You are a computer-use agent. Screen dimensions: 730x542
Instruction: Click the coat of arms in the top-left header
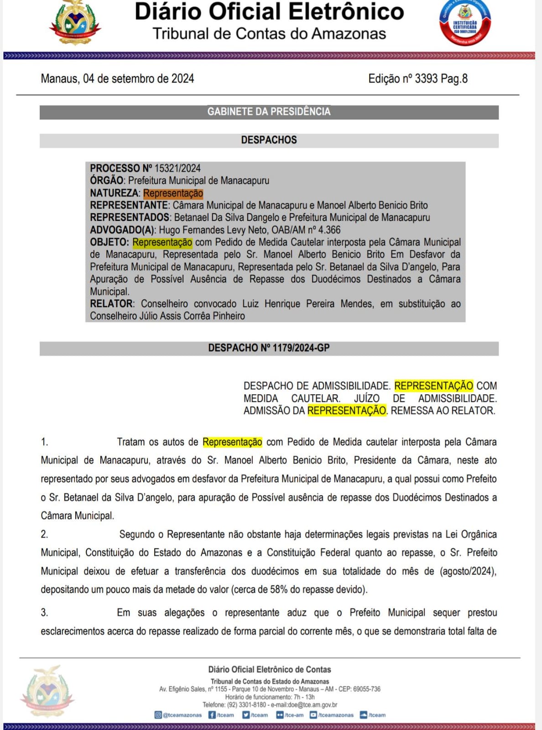coord(74,23)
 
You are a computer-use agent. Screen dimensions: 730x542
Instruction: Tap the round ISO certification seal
coord(464,23)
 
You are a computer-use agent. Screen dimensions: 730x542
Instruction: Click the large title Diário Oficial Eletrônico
coord(269,12)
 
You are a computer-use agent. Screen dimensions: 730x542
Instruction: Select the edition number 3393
coord(426,78)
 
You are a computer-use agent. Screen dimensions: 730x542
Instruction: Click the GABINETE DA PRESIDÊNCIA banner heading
coord(269,112)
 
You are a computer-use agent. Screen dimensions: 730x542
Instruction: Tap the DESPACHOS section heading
coord(269,140)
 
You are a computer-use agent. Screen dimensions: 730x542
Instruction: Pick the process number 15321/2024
coord(177,168)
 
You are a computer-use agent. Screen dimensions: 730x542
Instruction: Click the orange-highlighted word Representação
coord(173,193)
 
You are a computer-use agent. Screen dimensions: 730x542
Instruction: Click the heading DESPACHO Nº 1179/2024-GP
coord(269,348)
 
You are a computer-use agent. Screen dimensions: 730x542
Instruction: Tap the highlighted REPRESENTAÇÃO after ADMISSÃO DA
coord(347,411)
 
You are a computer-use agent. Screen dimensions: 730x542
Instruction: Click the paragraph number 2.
coord(44,534)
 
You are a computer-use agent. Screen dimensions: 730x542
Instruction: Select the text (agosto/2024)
coord(468,571)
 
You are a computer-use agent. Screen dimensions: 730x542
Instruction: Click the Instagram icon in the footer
coord(158,715)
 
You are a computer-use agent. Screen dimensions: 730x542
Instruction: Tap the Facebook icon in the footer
coord(212,715)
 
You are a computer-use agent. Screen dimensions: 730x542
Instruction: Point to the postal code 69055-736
coord(365,689)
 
